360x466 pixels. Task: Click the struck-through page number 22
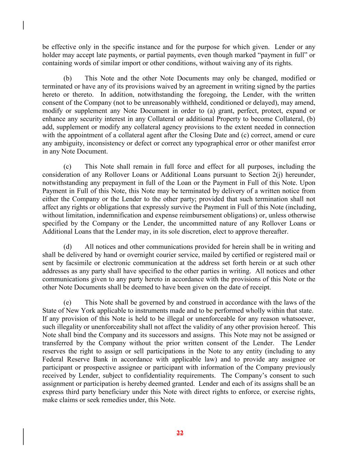pos(180,433)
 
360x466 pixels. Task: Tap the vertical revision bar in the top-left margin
pos(23,26)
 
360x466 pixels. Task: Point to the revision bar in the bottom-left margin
pos(23,437)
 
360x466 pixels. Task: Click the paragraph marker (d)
pos(68,247)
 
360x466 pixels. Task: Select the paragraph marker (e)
pos(68,303)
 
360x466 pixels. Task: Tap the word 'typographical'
pos(213,143)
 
